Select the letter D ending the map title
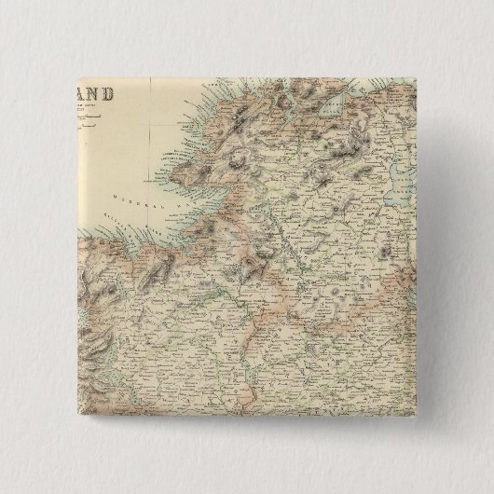point(111,94)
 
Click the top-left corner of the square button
point(79,79)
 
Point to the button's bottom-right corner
point(416,416)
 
